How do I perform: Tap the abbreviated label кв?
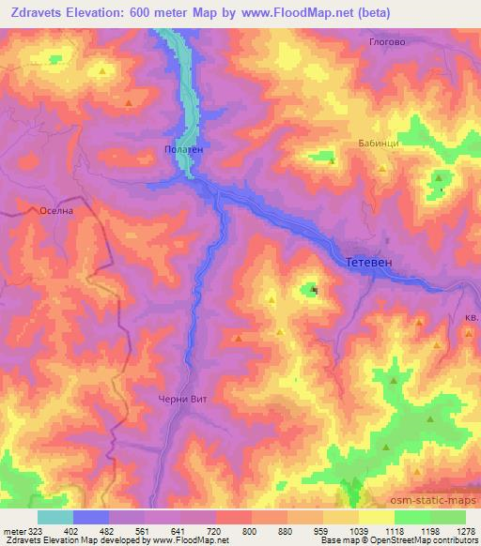pos(472,318)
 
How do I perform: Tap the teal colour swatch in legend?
pos(55,517)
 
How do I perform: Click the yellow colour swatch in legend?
pos(377,517)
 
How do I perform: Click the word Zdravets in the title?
pos(38,13)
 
